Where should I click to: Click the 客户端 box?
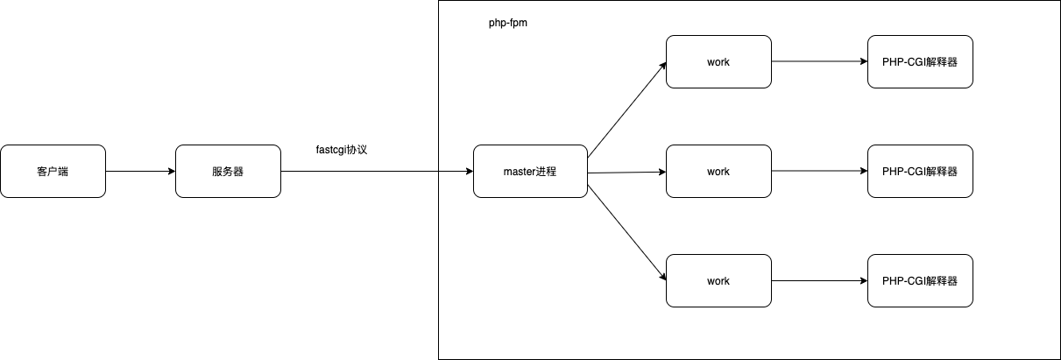tap(53, 171)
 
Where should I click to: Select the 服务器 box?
tap(228, 171)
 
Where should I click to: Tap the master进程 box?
tap(530, 172)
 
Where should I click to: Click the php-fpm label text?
tap(507, 24)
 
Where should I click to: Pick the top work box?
tap(718, 61)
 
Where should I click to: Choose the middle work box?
tap(718, 172)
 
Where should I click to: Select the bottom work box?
tap(718, 280)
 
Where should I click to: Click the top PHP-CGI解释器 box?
tap(921, 61)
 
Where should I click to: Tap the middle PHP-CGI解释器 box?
tap(921, 172)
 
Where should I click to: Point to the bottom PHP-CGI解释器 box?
tap(921, 280)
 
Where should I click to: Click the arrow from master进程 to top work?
tap(626, 110)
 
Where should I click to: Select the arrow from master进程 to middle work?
tap(626, 173)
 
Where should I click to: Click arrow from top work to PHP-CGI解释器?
tap(819, 61)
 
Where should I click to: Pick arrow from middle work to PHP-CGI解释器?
tap(819, 172)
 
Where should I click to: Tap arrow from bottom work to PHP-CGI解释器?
tap(819, 280)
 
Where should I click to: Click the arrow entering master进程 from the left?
tap(456, 172)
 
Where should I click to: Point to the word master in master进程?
tap(520, 172)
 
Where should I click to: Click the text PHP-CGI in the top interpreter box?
tap(903, 61)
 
